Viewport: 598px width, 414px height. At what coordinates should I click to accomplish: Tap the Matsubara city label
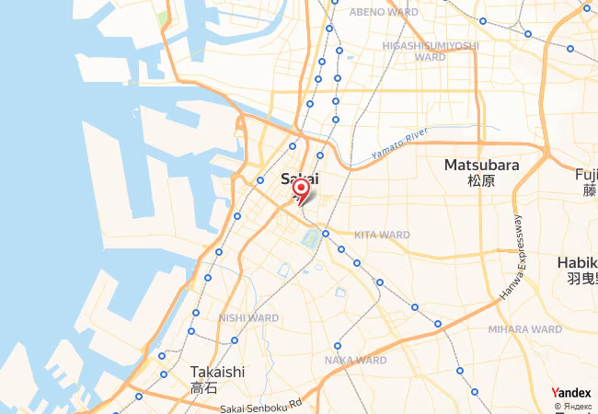pos(481,166)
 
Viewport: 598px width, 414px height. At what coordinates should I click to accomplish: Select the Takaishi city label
pos(217,372)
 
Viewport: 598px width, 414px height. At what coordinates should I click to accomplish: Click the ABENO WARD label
pos(384,12)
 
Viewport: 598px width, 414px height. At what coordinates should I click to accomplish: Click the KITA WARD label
pos(382,235)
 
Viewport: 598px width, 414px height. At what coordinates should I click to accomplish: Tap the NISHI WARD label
pos(243,317)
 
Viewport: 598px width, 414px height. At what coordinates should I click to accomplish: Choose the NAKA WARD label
pos(355,360)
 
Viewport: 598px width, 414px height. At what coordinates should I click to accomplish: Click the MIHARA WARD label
pos(524,328)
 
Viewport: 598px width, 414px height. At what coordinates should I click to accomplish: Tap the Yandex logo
pos(571,392)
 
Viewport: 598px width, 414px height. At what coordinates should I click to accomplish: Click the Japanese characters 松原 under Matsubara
pos(481,181)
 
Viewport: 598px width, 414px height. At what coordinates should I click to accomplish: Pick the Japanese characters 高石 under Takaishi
pos(204,388)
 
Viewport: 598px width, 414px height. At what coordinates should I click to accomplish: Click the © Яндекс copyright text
pos(574,406)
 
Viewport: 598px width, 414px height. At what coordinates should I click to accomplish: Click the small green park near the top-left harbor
pos(163,17)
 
